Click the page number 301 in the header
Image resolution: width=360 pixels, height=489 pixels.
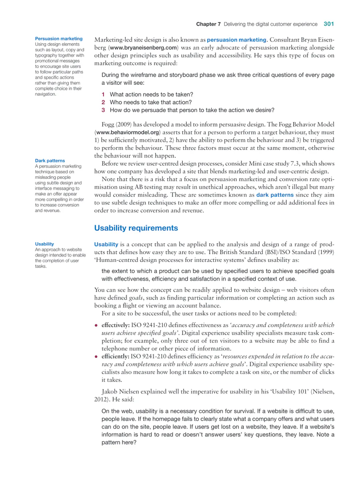329,24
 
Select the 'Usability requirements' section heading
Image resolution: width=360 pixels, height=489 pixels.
136,228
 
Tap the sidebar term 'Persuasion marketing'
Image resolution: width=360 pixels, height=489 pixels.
59,39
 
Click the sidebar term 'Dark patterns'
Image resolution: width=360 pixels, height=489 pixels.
50,161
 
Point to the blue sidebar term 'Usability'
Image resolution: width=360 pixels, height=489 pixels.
44,244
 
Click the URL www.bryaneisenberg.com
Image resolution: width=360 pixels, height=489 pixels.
143,48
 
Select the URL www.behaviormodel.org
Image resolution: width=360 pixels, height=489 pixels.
128,132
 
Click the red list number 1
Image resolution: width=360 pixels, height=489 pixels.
103,94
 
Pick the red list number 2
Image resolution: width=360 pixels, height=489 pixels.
103,102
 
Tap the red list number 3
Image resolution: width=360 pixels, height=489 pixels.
103,110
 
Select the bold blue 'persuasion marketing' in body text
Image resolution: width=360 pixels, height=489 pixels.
236,40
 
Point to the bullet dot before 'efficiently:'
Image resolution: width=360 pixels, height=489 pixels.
96,356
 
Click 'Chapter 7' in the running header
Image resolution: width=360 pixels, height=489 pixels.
208,24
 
